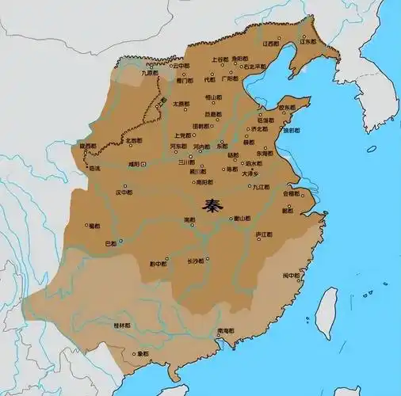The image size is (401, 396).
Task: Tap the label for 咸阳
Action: click(x=129, y=163)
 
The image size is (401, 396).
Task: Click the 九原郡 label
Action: click(x=150, y=73)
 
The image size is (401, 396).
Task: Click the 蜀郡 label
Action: click(x=94, y=226)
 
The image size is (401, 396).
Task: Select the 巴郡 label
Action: click(x=111, y=244)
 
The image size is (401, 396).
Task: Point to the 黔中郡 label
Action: click(x=158, y=263)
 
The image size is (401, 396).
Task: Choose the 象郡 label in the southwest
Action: click(x=143, y=353)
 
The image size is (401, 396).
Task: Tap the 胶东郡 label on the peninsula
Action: click(x=287, y=109)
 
